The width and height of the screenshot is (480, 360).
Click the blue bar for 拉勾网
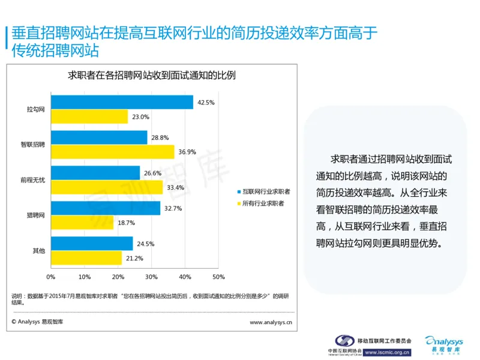pyautogui.click(x=122, y=103)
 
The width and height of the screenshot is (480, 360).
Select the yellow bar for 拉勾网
pyautogui.click(x=89, y=117)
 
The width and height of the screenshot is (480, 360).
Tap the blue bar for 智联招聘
pyautogui.click(x=99, y=137)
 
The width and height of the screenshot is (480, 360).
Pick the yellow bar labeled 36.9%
pyautogui.click(x=113, y=152)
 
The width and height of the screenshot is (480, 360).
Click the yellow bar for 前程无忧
pyautogui.click(x=107, y=187)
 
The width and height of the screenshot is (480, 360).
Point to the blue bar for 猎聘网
pyautogui.click(x=106, y=208)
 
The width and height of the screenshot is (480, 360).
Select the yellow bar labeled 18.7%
pyautogui.click(x=82, y=223)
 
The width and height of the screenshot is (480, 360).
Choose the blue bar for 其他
pyautogui.click(x=92, y=244)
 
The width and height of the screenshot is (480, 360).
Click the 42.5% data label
pyautogui.click(x=205, y=103)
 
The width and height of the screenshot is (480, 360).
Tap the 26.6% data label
pyautogui.click(x=152, y=173)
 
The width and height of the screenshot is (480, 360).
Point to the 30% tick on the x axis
pyautogui.click(x=151, y=277)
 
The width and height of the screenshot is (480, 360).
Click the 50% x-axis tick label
pyautogui.click(x=218, y=277)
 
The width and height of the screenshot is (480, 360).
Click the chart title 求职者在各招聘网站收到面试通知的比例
pyautogui.click(x=151, y=76)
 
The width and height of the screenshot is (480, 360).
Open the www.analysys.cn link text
pyautogui.click(x=271, y=322)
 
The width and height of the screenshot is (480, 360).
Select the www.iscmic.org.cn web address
pyautogui.click(x=388, y=352)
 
